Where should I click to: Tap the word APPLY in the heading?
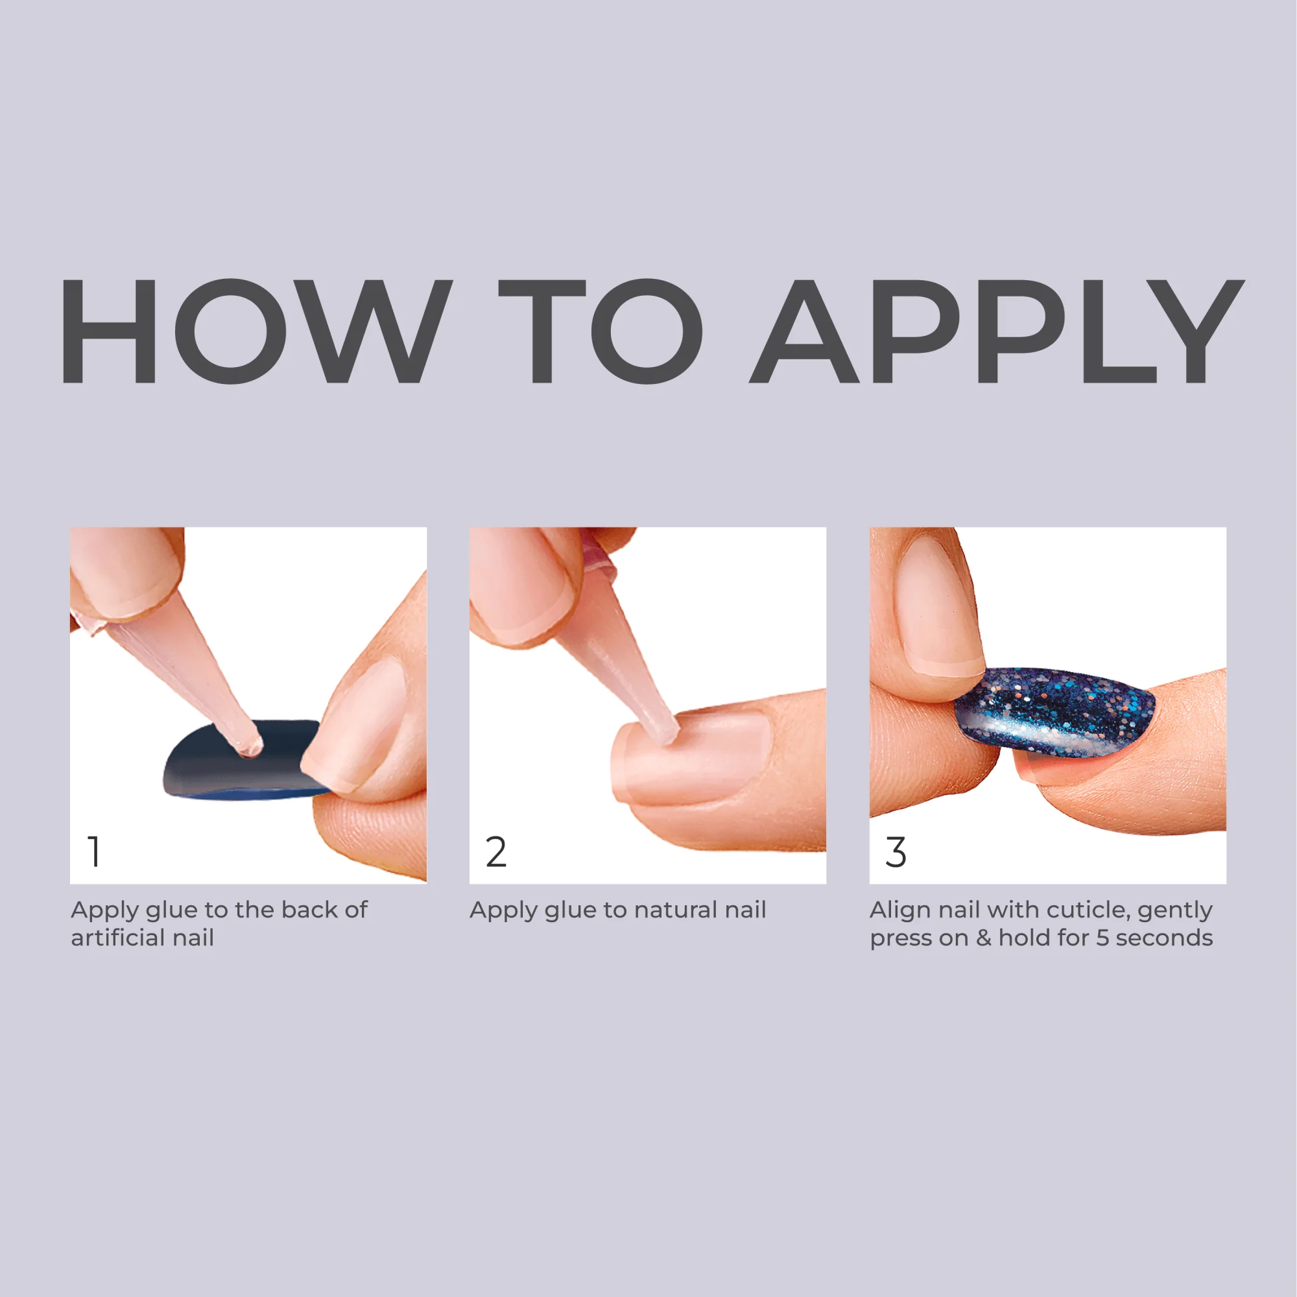[996, 331]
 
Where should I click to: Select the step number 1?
[94, 852]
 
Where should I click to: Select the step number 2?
[495, 852]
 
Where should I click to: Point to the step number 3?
[896, 852]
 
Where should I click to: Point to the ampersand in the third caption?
[984, 938]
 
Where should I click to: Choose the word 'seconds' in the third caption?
[1164, 938]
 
